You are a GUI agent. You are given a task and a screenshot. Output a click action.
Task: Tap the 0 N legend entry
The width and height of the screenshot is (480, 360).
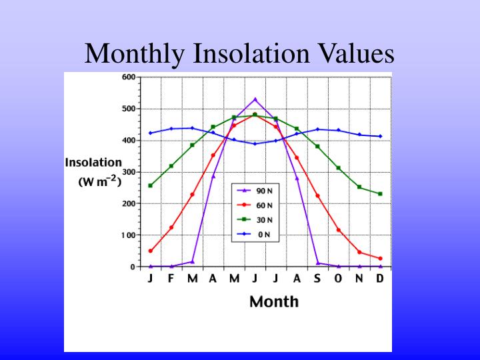pyautogui.click(x=257, y=234)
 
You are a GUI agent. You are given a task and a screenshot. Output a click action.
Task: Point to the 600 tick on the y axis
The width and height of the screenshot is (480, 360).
pyautogui.click(x=129, y=77)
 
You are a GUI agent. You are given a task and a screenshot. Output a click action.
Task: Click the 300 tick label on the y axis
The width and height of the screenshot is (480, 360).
pyautogui.click(x=129, y=172)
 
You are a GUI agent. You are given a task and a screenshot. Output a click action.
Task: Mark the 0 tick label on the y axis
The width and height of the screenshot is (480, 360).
pyautogui.click(x=133, y=267)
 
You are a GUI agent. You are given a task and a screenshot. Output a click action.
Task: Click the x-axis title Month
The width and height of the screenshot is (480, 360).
pyautogui.click(x=273, y=301)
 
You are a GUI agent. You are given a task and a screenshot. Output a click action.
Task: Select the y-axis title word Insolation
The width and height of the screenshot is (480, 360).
pyautogui.click(x=93, y=162)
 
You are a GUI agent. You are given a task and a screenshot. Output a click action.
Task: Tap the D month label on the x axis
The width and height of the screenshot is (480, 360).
pyautogui.click(x=380, y=279)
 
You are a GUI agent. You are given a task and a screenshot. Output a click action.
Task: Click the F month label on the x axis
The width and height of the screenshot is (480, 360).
pyautogui.click(x=171, y=279)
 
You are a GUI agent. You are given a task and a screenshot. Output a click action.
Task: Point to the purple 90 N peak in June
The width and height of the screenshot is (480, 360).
pyautogui.click(x=255, y=99)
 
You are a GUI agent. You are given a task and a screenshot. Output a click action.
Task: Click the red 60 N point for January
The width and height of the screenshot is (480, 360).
pyautogui.click(x=151, y=251)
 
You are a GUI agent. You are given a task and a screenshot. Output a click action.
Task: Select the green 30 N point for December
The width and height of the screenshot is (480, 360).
pyautogui.click(x=380, y=194)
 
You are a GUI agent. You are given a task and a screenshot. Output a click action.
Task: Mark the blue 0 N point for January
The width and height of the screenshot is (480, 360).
pyautogui.click(x=151, y=133)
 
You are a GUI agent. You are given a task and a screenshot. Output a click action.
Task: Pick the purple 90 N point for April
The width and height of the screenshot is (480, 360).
pyautogui.click(x=213, y=176)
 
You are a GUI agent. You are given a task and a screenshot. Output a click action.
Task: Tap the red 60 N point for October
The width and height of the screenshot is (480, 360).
pyautogui.click(x=339, y=230)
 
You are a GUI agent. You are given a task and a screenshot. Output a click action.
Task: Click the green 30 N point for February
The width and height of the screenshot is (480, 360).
pyautogui.click(x=171, y=166)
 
